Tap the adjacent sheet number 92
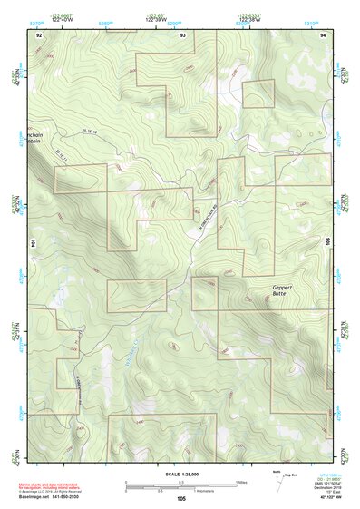(x=39, y=34)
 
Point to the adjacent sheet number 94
(x=322, y=34)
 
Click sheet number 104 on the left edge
(x=34, y=243)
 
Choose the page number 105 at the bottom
(x=181, y=498)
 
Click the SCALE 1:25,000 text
(x=181, y=474)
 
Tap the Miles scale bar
(x=181, y=483)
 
